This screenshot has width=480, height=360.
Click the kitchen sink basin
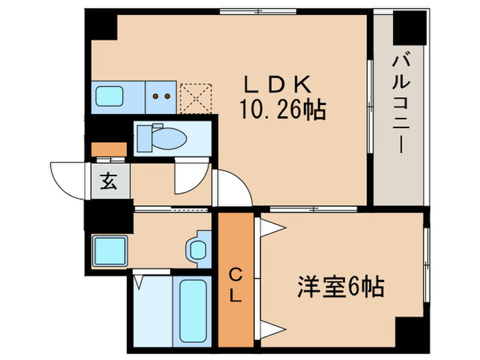pos(110,96)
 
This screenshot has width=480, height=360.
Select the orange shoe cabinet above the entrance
pos(109,149)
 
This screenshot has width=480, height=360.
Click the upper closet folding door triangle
pos(272,228)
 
